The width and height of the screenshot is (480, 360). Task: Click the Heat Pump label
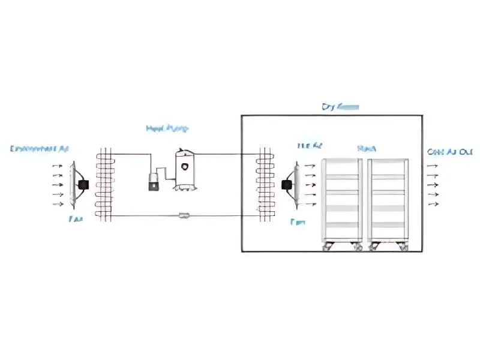click(x=167, y=128)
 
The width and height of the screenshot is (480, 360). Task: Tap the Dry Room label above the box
click(x=340, y=107)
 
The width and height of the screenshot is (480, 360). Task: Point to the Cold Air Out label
click(x=450, y=152)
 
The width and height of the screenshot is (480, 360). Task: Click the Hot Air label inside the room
click(x=310, y=146)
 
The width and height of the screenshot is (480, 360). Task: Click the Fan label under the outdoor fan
click(x=76, y=220)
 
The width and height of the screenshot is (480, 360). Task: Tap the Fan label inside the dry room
click(x=298, y=222)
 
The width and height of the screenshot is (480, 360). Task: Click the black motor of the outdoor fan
click(x=83, y=185)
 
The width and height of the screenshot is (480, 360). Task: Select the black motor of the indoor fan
click(x=287, y=184)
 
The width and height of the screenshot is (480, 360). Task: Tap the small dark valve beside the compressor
click(x=153, y=182)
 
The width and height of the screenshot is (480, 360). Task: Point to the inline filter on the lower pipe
click(x=185, y=215)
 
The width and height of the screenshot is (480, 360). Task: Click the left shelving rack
click(x=342, y=201)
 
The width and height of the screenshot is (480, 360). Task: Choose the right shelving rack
click(x=388, y=201)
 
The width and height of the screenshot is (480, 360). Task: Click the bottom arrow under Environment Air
click(x=58, y=204)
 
